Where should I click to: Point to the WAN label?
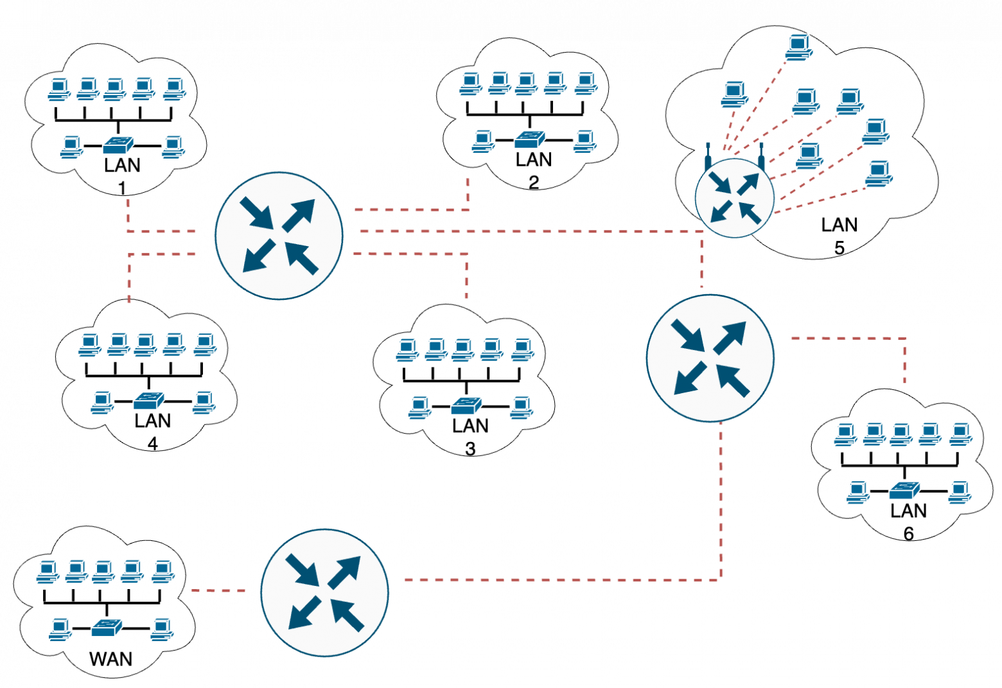(x=110, y=659)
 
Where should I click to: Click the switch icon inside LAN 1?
(x=118, y=145)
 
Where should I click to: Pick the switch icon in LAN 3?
(x=466, y=406)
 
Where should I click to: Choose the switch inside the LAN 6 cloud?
(x=904, y=491)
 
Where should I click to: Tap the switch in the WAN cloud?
(x=107, y=628)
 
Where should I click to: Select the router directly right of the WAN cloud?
(x=324, y=592)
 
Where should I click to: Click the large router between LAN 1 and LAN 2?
(x=279, y=235)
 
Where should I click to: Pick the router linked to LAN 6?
(x=710, y=358)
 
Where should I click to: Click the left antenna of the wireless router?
(x=707, y=156)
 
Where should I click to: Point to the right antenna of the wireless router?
(x=761, y=156)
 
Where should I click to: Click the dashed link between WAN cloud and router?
(x=218, y=590)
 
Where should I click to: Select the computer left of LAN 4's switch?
(x=101, y=402)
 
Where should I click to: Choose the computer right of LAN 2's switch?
(x=584, y=140)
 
